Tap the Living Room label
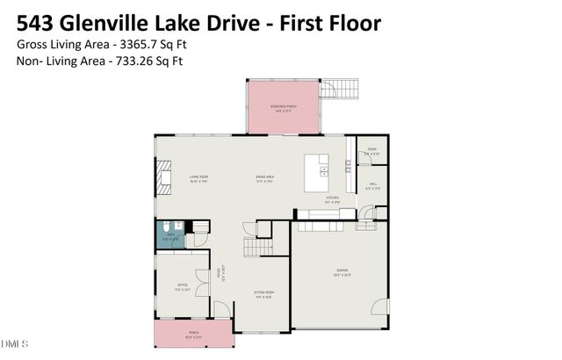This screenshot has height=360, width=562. pyautogui.click(x=198, y=178)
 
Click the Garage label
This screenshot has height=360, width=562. pyautogui.click(x=338, y=274)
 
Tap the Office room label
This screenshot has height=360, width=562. pyautogui.click(x=181, y=286)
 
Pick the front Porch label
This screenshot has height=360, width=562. pyautogui.click(x=192, y=334)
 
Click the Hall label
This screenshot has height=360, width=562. pyautogui.click(x=372, y=185)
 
